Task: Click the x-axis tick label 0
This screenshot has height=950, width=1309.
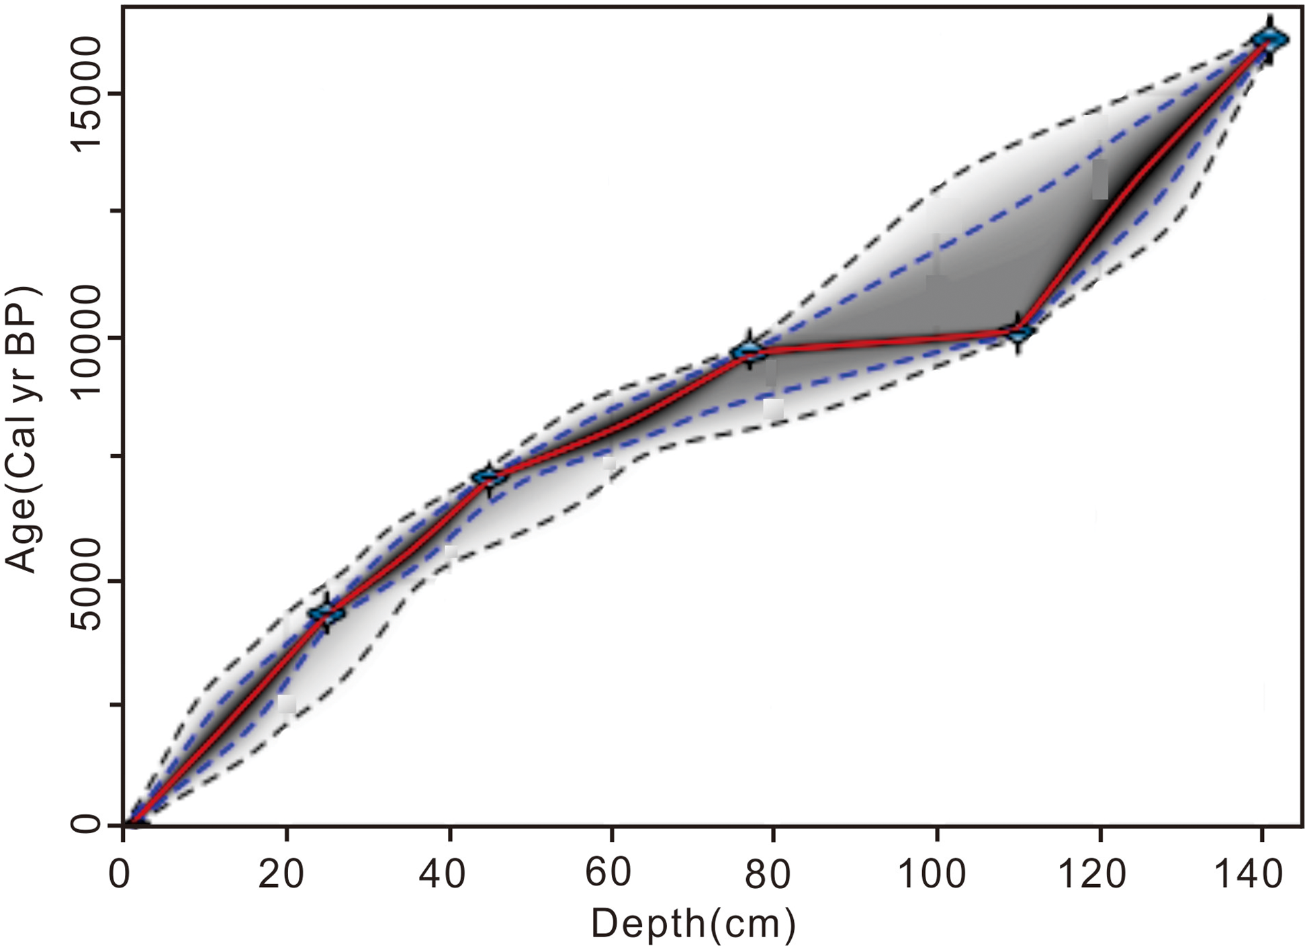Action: (x=120, y=874)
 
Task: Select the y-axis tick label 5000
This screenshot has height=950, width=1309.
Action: (x=86, y=582)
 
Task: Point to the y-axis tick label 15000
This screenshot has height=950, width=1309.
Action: (x=86, y=94)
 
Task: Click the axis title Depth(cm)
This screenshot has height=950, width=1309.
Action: (x=692, y=924)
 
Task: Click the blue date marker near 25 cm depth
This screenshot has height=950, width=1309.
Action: (x=326, y=612)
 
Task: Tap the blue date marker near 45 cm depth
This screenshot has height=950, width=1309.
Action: (x=490, y=477)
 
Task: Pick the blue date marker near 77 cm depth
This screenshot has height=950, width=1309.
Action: (x=749, y=350)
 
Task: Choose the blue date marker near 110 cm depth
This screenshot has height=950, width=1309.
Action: (x=1018, y=332)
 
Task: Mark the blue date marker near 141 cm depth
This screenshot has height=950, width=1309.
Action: (x=1269, y=39)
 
